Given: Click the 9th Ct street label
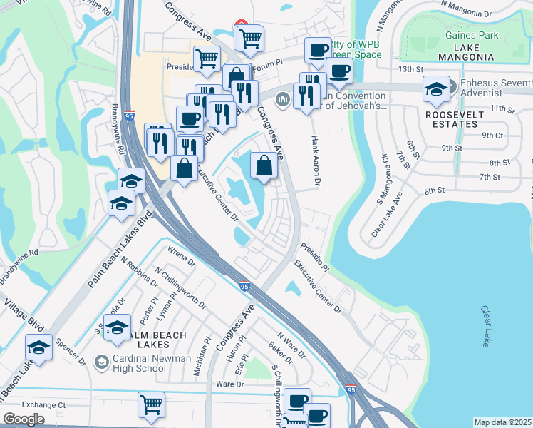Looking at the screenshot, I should pyautogui.click(x=492, y=135).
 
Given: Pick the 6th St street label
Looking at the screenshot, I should pyautogui.click(x=434, y=190).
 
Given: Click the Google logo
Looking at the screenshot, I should pyautogui.click(x=24, y=419).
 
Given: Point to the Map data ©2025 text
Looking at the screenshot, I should pyautogui.click(x=502, y=422).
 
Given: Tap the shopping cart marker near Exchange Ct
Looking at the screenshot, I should pyautogui.click(x=151, y=405).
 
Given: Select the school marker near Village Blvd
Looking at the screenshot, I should pyautogui.click(x=39, y=347).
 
